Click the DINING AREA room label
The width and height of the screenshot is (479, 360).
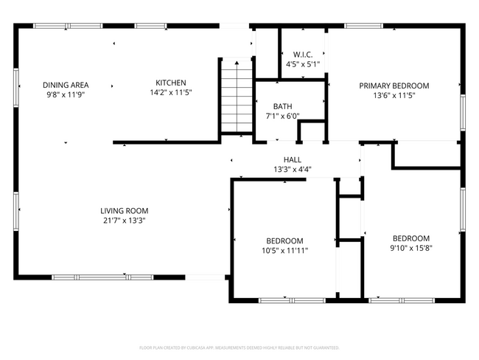click(65, 85)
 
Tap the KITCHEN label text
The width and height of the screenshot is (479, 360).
click(170, 83)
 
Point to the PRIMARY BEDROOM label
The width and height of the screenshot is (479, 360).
click(394, 86)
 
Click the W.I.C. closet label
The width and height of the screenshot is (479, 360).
click(303, 55)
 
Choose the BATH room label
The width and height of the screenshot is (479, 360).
click(282, 106)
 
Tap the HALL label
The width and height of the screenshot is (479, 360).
click(293, 160)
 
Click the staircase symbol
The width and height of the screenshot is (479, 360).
click(237, 96)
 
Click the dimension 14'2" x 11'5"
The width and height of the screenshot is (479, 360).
click(170, 93)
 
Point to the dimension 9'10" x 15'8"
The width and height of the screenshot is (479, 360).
click(410, 248)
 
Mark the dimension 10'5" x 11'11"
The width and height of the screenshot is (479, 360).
click(284, 251)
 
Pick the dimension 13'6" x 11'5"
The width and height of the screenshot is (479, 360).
click(394, 95)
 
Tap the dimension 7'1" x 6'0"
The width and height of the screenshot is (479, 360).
click(282, 116)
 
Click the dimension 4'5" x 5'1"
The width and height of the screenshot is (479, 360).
click(303, 64)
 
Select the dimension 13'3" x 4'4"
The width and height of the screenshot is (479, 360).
click(293, 170)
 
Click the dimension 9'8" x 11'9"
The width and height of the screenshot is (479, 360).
click(65, 94)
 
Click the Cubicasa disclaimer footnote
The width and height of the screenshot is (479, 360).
click(239, 347)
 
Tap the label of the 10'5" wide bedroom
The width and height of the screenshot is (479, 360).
click(284, 241)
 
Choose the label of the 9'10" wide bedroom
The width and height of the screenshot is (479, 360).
click(410, 238)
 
